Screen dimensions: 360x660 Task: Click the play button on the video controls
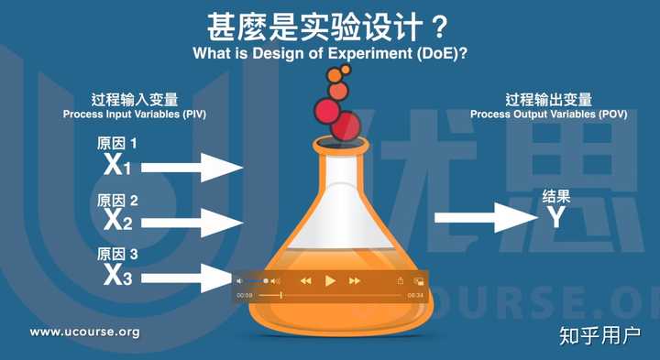coord(330,280)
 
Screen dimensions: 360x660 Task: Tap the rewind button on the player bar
coord(306,280)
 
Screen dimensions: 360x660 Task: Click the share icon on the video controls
coord(400,280)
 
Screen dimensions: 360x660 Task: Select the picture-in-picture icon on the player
coord(418,280)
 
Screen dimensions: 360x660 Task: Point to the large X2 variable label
coord(118,220)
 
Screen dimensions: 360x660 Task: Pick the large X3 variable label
coord(118,273)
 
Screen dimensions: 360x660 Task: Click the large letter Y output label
coord(555,217)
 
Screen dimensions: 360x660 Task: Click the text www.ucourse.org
coord(85,332)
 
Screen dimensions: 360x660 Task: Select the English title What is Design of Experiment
coord(331,53)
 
